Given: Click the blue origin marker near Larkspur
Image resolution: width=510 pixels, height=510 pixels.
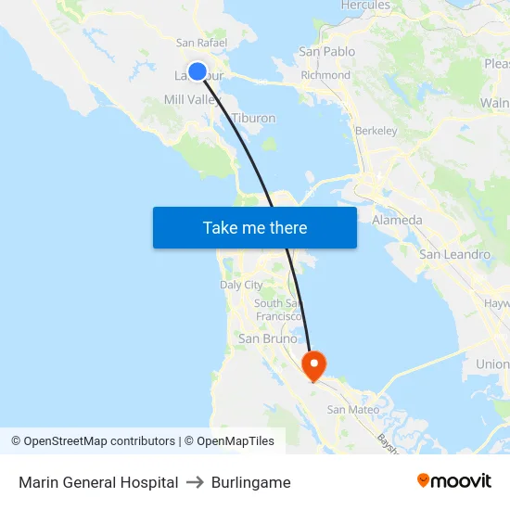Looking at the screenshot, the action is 198,70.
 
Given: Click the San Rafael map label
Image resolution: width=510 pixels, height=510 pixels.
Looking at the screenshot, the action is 202,43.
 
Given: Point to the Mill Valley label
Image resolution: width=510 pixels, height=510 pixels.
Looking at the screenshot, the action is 189,99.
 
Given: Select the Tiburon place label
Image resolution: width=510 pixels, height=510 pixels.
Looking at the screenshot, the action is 253,118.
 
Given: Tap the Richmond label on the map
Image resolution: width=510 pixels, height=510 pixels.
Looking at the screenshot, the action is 325,75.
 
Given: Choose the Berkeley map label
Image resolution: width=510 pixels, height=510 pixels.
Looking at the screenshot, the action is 376,131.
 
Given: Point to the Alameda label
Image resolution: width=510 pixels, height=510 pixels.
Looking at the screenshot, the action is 397,220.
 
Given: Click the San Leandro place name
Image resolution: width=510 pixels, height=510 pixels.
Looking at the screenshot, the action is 454,254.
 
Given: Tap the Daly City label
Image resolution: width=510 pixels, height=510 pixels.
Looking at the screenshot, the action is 241,285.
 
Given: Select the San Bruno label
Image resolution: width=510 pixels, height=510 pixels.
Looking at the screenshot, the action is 268,338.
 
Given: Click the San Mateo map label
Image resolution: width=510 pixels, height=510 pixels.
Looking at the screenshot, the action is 352,409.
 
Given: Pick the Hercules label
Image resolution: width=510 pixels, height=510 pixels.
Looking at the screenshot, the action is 365,6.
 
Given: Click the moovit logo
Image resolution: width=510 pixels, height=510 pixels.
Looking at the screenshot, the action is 454,480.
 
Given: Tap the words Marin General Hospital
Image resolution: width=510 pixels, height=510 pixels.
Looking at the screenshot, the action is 98,482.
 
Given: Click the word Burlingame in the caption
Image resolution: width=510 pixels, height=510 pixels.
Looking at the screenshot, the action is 251,482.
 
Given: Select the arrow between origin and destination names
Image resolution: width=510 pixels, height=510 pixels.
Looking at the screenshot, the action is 195,482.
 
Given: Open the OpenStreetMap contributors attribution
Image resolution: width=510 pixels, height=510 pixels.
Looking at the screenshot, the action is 99,441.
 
